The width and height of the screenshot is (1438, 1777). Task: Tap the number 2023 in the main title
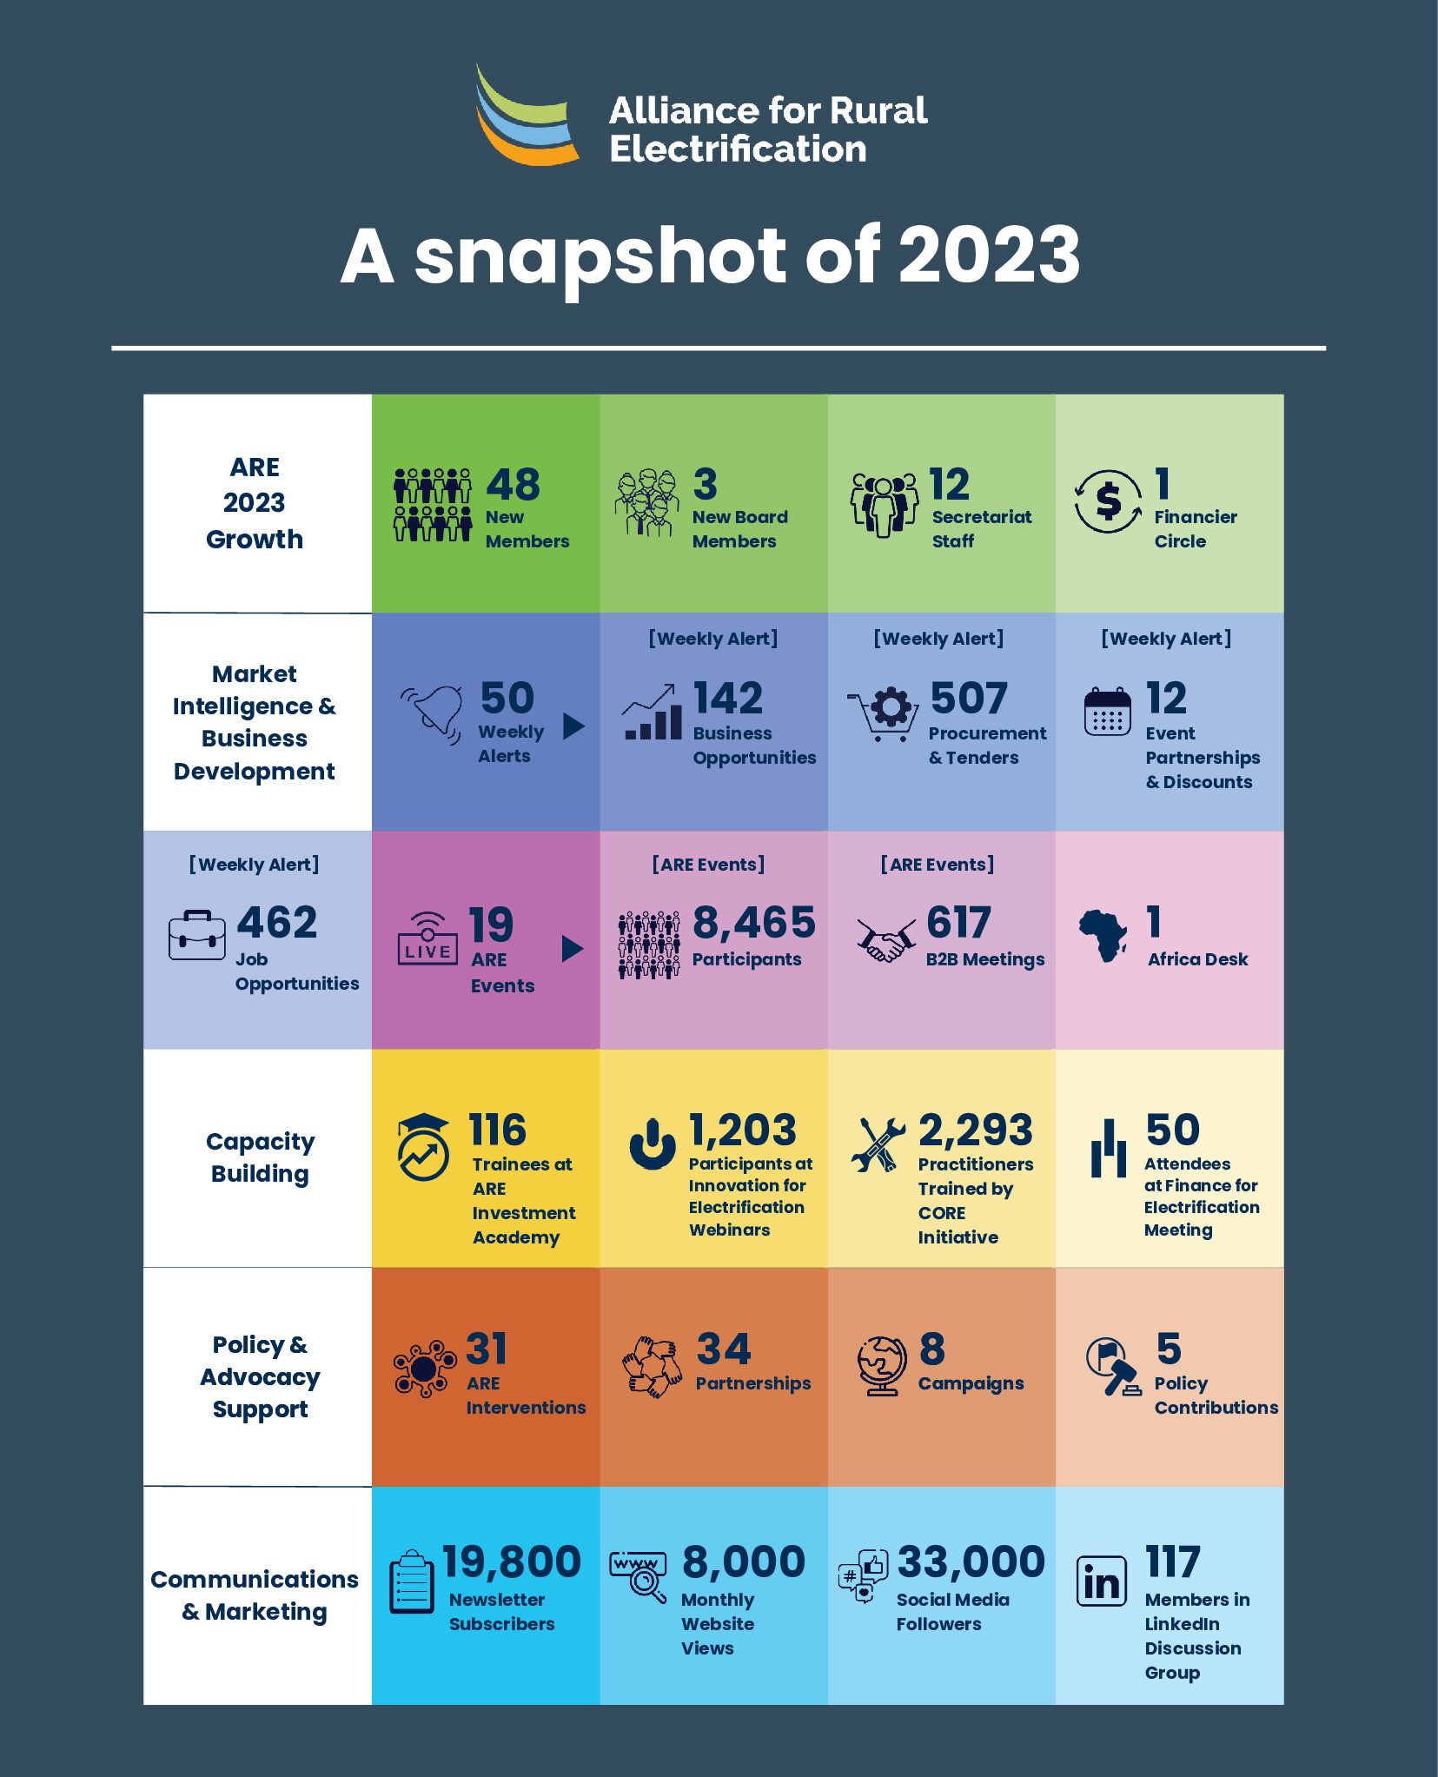click(989, 255)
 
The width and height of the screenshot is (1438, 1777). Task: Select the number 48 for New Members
click(513, 485)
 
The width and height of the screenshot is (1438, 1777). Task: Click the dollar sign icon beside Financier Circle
click(1108, 501)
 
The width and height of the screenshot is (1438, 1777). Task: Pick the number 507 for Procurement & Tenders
click(969, 698)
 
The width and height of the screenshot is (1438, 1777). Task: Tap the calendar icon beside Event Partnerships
click(1108, 713)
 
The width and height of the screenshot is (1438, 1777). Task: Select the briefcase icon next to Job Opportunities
click(197, 936)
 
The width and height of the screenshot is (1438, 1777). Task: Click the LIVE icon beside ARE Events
click(427, 938)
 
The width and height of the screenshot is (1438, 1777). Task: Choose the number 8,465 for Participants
click(754, 923)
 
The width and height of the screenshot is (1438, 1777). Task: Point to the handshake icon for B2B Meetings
click(885, 940)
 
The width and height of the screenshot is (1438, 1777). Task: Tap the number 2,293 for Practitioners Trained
click(976, 1131)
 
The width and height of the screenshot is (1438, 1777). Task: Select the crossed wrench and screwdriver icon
click(878, 1145)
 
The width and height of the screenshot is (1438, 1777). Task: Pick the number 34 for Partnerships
click(724, 1349)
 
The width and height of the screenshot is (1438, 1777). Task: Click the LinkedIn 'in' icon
click(1102, 1581)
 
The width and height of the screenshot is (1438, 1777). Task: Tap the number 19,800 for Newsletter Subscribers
click(512, 1562)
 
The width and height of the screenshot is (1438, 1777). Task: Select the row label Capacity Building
click(260, 1157)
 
